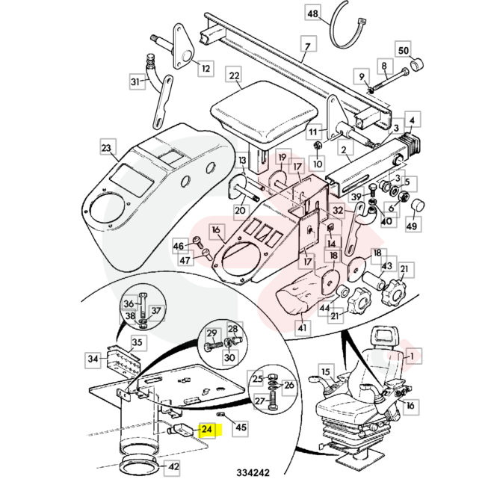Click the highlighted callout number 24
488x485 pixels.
[x=207, y=430]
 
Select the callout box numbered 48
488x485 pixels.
[x=312, y=14]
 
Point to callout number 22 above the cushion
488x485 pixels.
[x=234, y=76]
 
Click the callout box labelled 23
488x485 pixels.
[x=106, y=149]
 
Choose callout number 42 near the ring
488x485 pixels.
[x=173, y=467]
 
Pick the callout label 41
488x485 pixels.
[x=302, y=327]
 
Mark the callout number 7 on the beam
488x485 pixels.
[x=305, y=47]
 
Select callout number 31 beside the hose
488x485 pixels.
[x=135, y=81]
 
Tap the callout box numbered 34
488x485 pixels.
[x=93, y=359]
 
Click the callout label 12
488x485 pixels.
[x=205, y=69]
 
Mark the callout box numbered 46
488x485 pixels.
[x=179, y=245]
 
